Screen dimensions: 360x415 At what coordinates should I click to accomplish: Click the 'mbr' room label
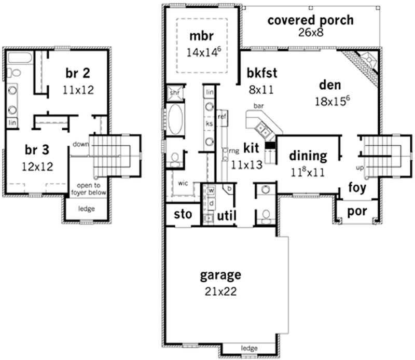(201, 36)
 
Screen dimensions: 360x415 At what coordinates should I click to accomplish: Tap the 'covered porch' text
(310, 20)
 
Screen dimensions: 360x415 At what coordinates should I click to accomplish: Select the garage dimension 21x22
(221, 292)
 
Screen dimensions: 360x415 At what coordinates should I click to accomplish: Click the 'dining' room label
(308, 156)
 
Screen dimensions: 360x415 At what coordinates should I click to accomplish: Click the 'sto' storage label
(183, 214)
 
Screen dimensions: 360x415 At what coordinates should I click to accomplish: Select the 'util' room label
(226, 215)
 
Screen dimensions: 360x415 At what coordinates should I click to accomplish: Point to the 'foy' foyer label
(357, 187)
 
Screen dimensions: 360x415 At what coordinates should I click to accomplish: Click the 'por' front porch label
(357, 212)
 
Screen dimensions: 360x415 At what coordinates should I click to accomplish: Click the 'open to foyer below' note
(92, 189)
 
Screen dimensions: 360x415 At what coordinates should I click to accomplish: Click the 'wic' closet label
(183, 183)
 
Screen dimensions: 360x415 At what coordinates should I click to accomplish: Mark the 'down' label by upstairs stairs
(80, 144)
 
